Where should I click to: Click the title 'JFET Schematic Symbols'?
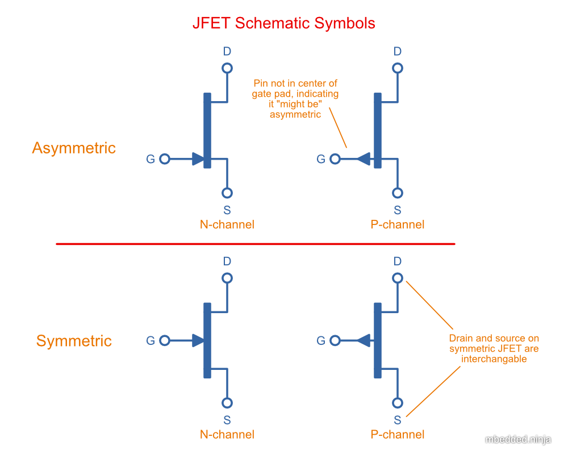283,23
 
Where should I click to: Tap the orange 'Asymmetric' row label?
74,148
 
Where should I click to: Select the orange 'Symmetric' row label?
74,341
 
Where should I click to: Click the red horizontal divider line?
256,244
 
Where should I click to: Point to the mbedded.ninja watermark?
518,439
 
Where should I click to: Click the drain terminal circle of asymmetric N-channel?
227,68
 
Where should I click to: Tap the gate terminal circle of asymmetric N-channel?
165,159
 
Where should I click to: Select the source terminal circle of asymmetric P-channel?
398,193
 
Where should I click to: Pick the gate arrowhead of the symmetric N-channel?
198,341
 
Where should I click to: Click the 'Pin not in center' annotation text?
295,99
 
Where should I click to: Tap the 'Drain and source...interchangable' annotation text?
494,348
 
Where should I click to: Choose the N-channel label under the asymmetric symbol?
227,224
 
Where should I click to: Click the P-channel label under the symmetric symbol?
398,435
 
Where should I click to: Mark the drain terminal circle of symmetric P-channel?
398,278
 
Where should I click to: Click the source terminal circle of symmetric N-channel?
227,403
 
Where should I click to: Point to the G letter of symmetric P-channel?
321,341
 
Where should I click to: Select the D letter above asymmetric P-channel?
398,52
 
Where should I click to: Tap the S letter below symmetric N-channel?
227,420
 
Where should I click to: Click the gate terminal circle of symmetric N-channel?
165,341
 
